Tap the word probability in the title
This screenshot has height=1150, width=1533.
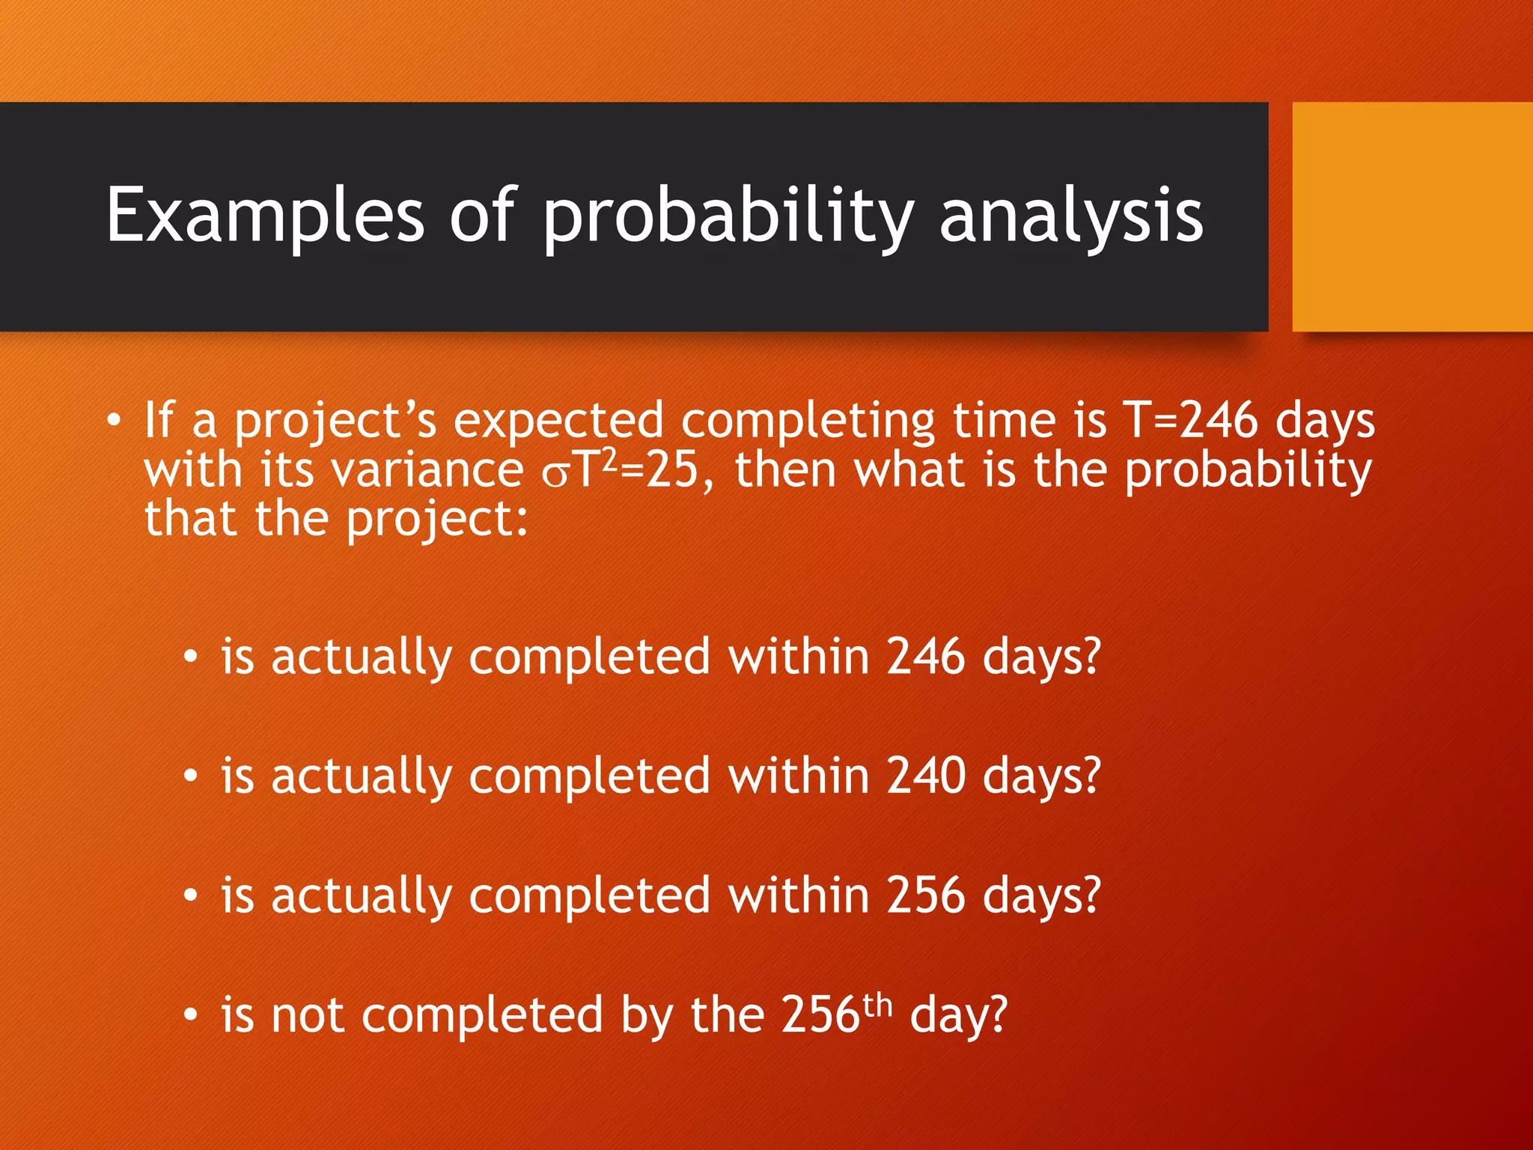(x=728, y=217)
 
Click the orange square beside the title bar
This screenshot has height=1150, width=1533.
(x=1412, y=217)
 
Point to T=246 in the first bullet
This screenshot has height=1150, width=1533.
(x=1190, y=420)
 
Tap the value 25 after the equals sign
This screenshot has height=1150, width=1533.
(x=671, y=471)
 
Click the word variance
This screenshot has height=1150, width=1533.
(x=427, y=471)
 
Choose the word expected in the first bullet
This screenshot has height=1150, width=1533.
(x=558, y=422)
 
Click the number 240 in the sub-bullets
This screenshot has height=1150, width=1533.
(x=925, y=776)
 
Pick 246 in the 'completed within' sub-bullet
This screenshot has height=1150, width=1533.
(x=925, y=657)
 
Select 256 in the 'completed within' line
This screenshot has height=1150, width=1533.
(x=925, y=895)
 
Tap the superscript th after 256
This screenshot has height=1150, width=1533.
(x=877, y=1005)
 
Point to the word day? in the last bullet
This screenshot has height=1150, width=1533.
(x=959, y=1016)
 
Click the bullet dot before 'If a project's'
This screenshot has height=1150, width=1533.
(x=112, y=421)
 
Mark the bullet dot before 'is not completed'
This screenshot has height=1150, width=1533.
(x=191, y=1016)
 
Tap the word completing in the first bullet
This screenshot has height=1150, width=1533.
(x=807, y=422)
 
